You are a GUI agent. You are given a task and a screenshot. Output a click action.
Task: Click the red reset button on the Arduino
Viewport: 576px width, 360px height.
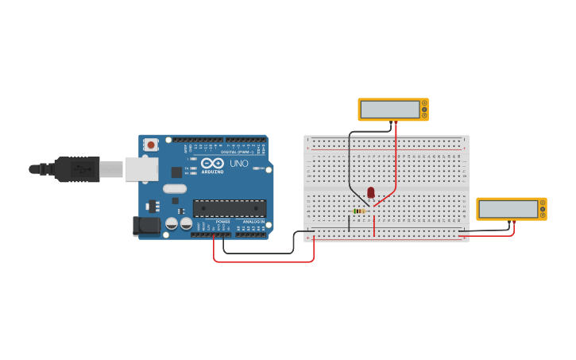pos(150,145)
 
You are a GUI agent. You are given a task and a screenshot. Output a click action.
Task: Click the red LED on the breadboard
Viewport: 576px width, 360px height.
pos(371,192)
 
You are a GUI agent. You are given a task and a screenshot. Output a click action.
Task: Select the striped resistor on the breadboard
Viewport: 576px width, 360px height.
pos(359,211)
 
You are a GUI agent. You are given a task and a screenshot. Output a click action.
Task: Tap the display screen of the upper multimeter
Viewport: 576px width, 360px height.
pos(389,110)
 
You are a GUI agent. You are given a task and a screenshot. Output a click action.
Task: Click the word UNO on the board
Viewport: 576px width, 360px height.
pos(239,164)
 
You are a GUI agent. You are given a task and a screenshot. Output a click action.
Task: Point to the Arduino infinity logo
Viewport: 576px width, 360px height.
pos(212,163)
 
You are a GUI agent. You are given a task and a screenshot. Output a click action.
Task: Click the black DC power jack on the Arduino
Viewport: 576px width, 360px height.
pos(147,226)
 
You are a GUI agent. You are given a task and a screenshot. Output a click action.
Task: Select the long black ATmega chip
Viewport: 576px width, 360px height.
pos(230,208)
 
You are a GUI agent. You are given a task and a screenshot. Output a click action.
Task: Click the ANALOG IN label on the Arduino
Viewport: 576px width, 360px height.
pos(254,222)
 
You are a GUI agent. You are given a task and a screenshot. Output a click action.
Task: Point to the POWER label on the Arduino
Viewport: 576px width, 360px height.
pos(223,222)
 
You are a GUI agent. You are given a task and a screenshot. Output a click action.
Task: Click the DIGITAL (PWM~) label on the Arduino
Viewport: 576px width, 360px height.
pos(238,152)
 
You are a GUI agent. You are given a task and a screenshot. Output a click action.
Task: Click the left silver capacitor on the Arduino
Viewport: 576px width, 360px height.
pos(172,224)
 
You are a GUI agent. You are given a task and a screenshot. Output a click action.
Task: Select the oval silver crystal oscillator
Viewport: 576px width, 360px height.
pos(175,189)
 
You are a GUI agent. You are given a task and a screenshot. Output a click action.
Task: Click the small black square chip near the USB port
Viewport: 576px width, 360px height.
pos(176,172)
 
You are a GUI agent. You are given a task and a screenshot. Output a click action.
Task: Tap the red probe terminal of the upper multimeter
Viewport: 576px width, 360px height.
pos(396,122)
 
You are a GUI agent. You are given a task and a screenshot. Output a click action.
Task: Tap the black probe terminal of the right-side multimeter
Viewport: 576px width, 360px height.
pos(509,222)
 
